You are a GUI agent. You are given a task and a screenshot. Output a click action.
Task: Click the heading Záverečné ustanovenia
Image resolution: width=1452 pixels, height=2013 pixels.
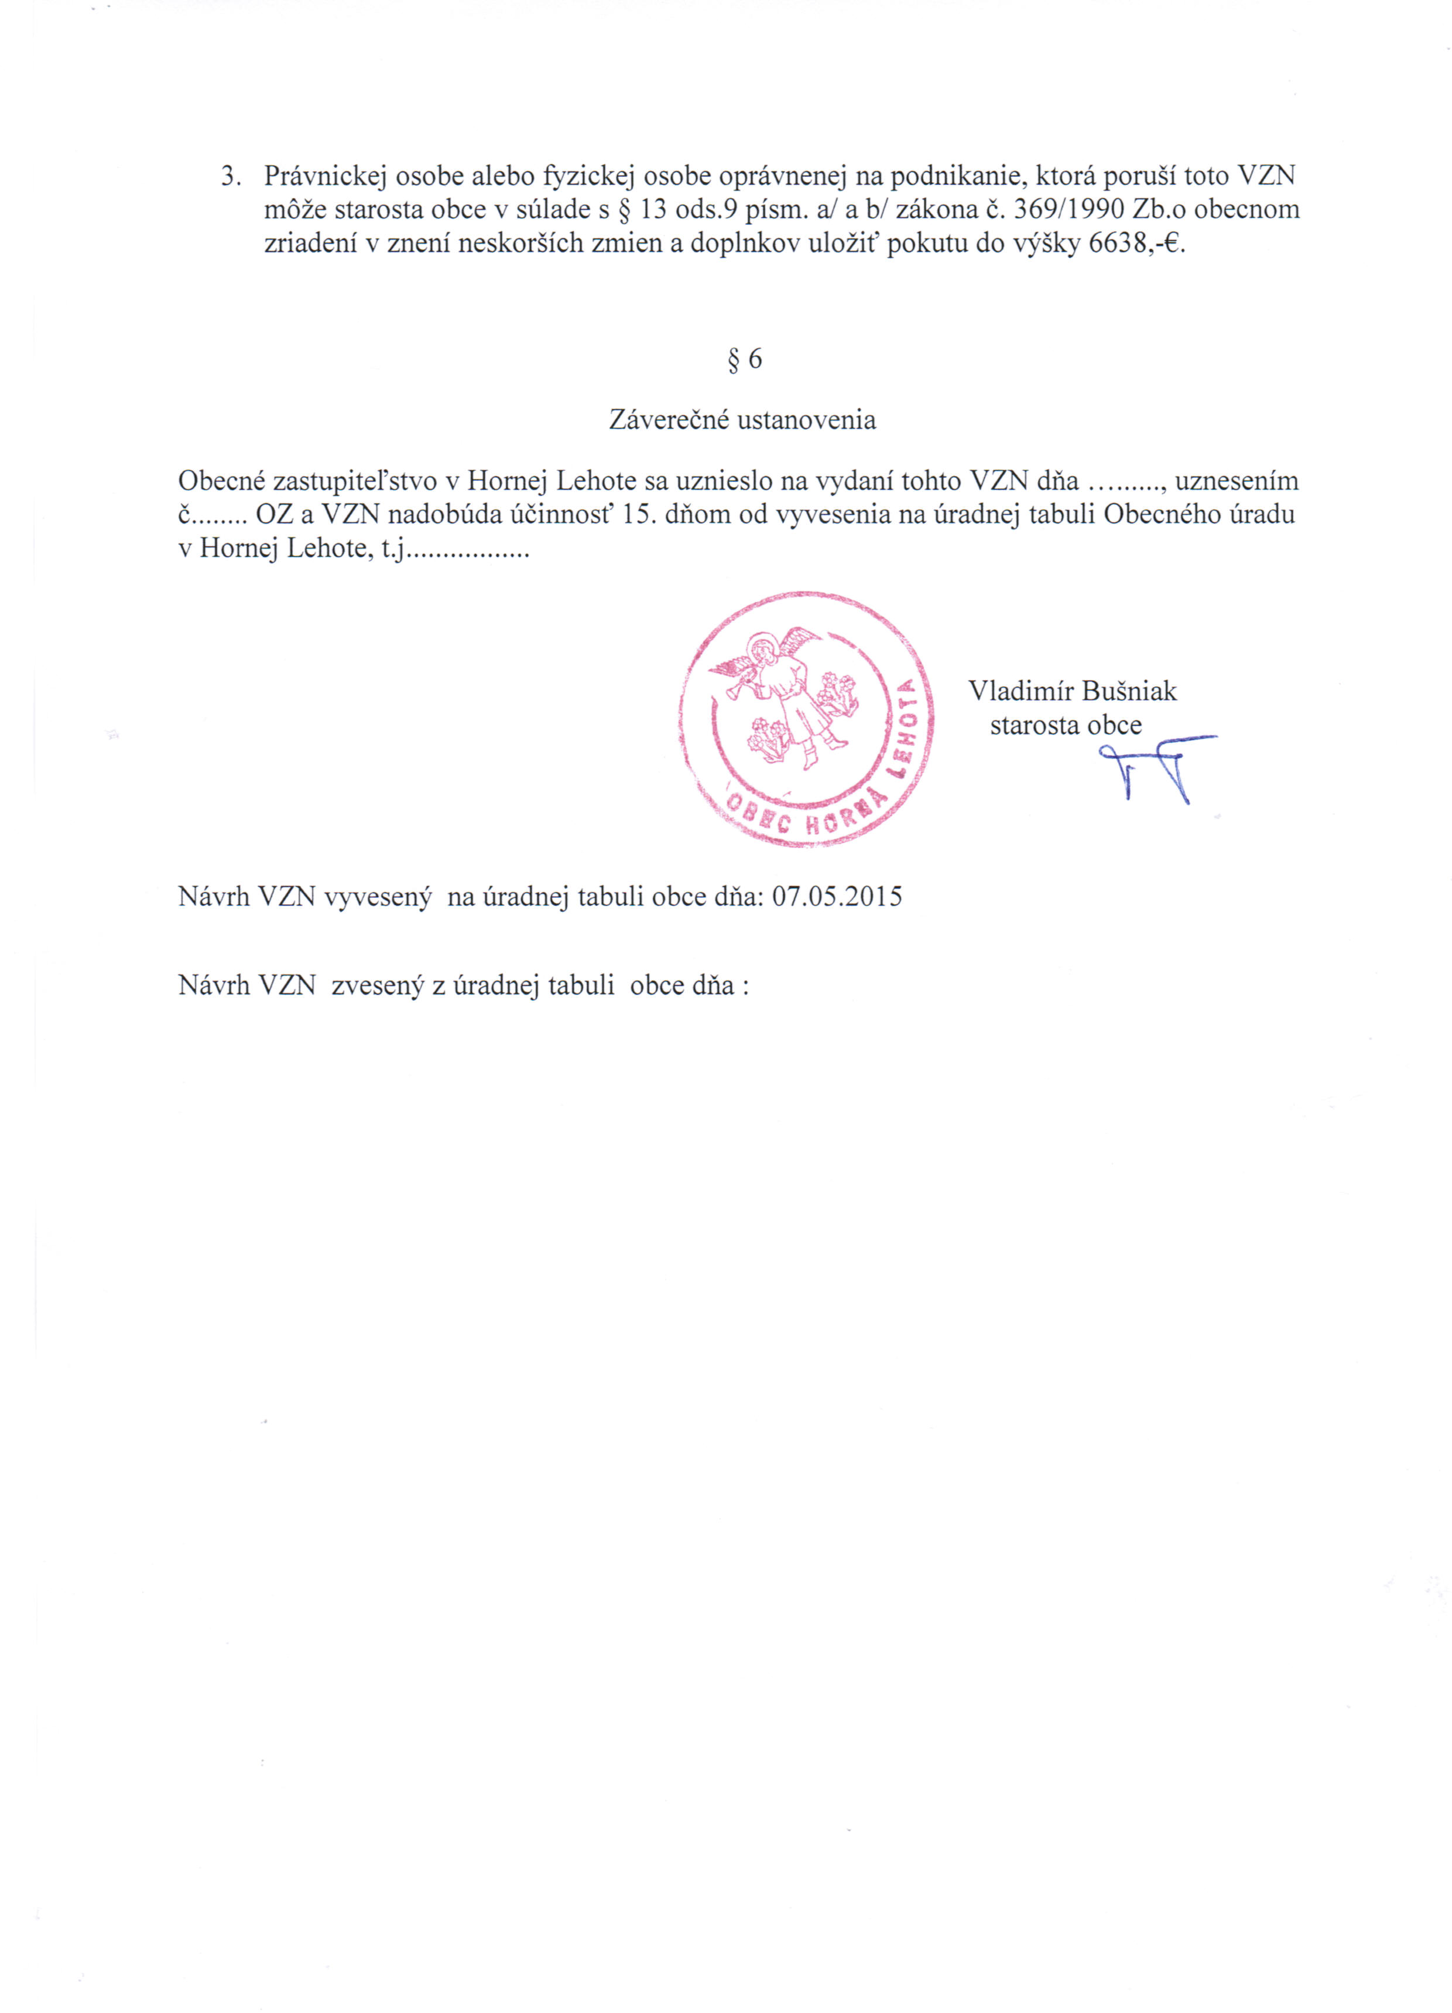click(x=742, y=420)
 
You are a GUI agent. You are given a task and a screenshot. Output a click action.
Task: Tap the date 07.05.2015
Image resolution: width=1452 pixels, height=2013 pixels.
click(x=836, y=897)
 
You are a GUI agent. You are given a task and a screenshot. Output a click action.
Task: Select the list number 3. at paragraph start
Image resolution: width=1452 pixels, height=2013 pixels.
click(x=231, y=176)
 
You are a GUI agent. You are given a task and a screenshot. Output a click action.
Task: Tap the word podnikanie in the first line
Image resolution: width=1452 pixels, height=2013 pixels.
click(x=958, y=176)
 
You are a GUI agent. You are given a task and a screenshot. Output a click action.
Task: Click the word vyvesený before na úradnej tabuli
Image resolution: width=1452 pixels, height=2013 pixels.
click(x=378, y=897)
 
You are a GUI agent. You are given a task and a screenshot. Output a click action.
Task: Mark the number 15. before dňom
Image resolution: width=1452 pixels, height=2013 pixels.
click(x=639, y=515)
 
